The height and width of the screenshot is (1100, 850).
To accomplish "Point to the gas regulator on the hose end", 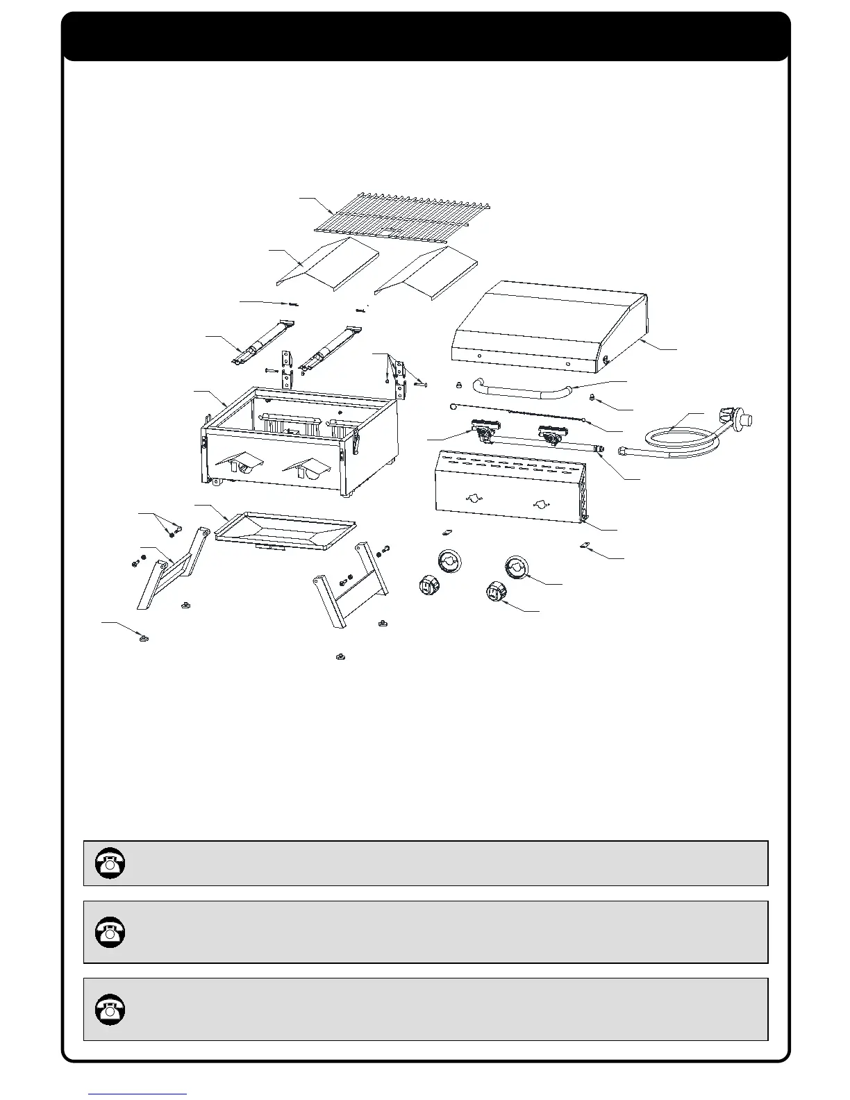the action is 737,419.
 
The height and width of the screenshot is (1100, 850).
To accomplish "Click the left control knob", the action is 427,585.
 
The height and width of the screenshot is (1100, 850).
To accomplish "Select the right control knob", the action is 496,594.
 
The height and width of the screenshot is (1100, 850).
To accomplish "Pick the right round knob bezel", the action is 517,567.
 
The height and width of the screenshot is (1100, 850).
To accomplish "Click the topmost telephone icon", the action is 109,862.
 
